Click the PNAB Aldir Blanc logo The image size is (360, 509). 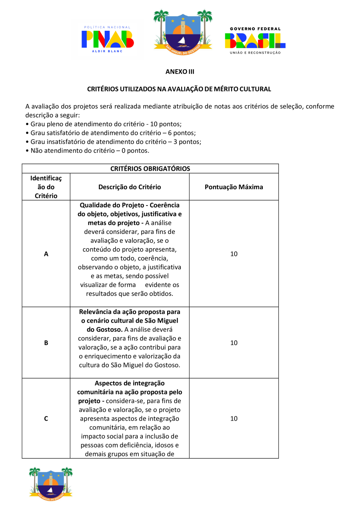(x=108, y=39)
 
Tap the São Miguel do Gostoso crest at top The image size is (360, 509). (x=183, y=30)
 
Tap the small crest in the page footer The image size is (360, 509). (x=50, y=482)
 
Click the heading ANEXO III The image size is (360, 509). (x=180, y=72)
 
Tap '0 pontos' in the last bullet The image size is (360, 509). (x=136, y=151)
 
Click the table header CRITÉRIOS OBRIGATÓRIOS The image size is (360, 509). (x=150, y=169)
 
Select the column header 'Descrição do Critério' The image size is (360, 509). (x=130, y=187)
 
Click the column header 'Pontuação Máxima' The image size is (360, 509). (x=234, y=187)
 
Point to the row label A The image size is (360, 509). (x=46, y=254)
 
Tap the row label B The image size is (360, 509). (x=46, y=343)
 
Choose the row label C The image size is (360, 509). (x=46, y=419)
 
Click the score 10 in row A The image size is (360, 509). (x=234, y=254)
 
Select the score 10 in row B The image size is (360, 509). (x=234, y=343)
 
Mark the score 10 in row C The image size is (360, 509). (x=234, y=419)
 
